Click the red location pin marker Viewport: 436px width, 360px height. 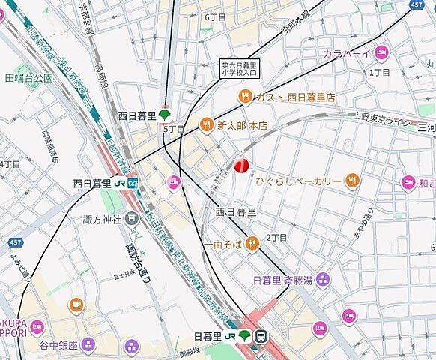tap(241, 166)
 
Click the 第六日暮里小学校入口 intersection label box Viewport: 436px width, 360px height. tap(237, 69)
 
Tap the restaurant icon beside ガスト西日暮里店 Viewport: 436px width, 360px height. tap(244, 96)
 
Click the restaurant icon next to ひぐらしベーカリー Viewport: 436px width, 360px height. tap(352, 180)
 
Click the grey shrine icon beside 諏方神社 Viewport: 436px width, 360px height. tap(133, 219)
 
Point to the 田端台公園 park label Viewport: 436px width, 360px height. tap(28, 77)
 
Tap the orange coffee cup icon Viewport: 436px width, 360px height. tap(76, 304)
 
